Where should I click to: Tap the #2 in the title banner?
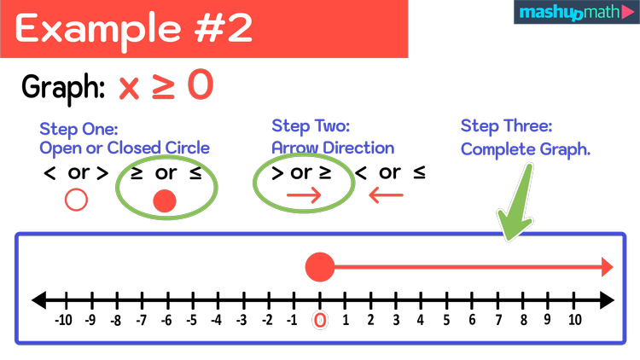click(x=224, y=29)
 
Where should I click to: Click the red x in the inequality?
click(x=129, y=87)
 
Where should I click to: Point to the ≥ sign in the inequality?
click(x=164, y=85)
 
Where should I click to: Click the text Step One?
click(x=79, y=129)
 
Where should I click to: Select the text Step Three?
click(x=507, y=126)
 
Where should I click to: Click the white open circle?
click(x=77, y=200)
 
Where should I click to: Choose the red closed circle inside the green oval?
click(x=164, y=201)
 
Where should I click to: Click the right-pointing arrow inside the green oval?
click(x=304, y=196)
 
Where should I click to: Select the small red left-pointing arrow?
click(x=386, y=196)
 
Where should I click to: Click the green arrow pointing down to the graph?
click(x=517, y=205)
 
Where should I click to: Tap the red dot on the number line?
click(x=320, y=267)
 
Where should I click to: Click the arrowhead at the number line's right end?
click(x=607, y=267)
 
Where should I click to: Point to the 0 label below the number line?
click(x=320, y=321)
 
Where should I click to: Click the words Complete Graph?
click(x=526, y=148)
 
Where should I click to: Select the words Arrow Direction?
click(x=333, y=148)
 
